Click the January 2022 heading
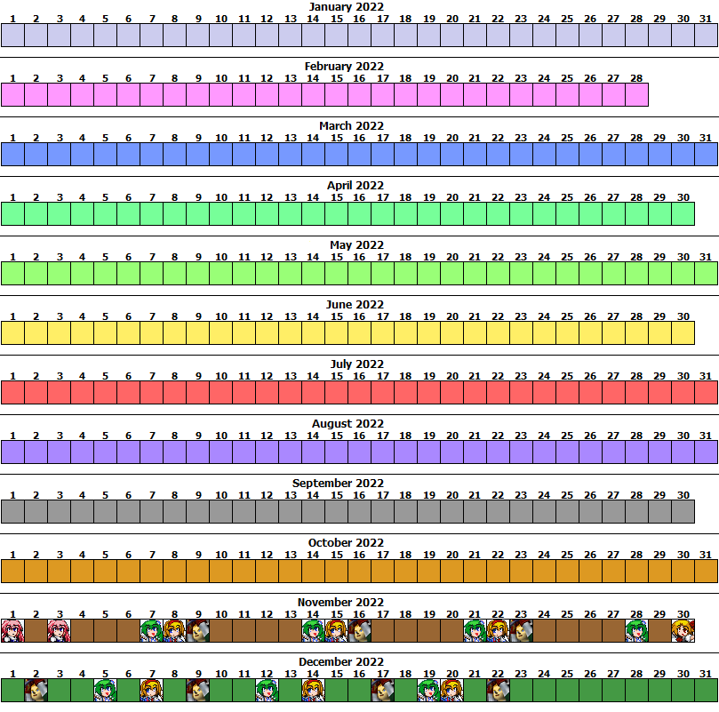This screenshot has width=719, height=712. click(x=347, y=7)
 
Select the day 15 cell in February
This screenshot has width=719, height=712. click(x=337, y=94)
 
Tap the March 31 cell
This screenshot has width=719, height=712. click(x=707, y=154)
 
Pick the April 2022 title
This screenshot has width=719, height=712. click(x=356, y=186)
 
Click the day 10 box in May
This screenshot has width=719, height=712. click(x=221, y=274)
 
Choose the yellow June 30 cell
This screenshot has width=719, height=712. click(x=683, y=333)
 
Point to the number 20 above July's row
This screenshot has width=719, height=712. click(x=452, y=376)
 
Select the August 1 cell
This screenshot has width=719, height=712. click(x=12, y=452)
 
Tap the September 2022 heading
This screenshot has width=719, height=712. click(x=338, y=483)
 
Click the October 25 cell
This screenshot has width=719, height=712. click(x=568, y=572)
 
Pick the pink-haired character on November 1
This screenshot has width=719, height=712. click(x=12, y=631)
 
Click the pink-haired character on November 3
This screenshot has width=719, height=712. click(x=60, y=631)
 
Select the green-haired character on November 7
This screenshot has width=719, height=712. click(x=152, y=631)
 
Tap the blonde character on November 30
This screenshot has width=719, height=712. click(x=683, y=631)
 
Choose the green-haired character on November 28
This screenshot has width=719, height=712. click(x=637, y=631)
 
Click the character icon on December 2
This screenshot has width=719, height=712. click(x=36, y=691)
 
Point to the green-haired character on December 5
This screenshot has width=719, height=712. click(x=106, y=691)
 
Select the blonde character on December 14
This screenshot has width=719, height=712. click(x=313, y=691)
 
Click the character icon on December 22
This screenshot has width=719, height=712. click(x=499, y=691)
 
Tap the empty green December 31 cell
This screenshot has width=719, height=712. click(x=707, y=691)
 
